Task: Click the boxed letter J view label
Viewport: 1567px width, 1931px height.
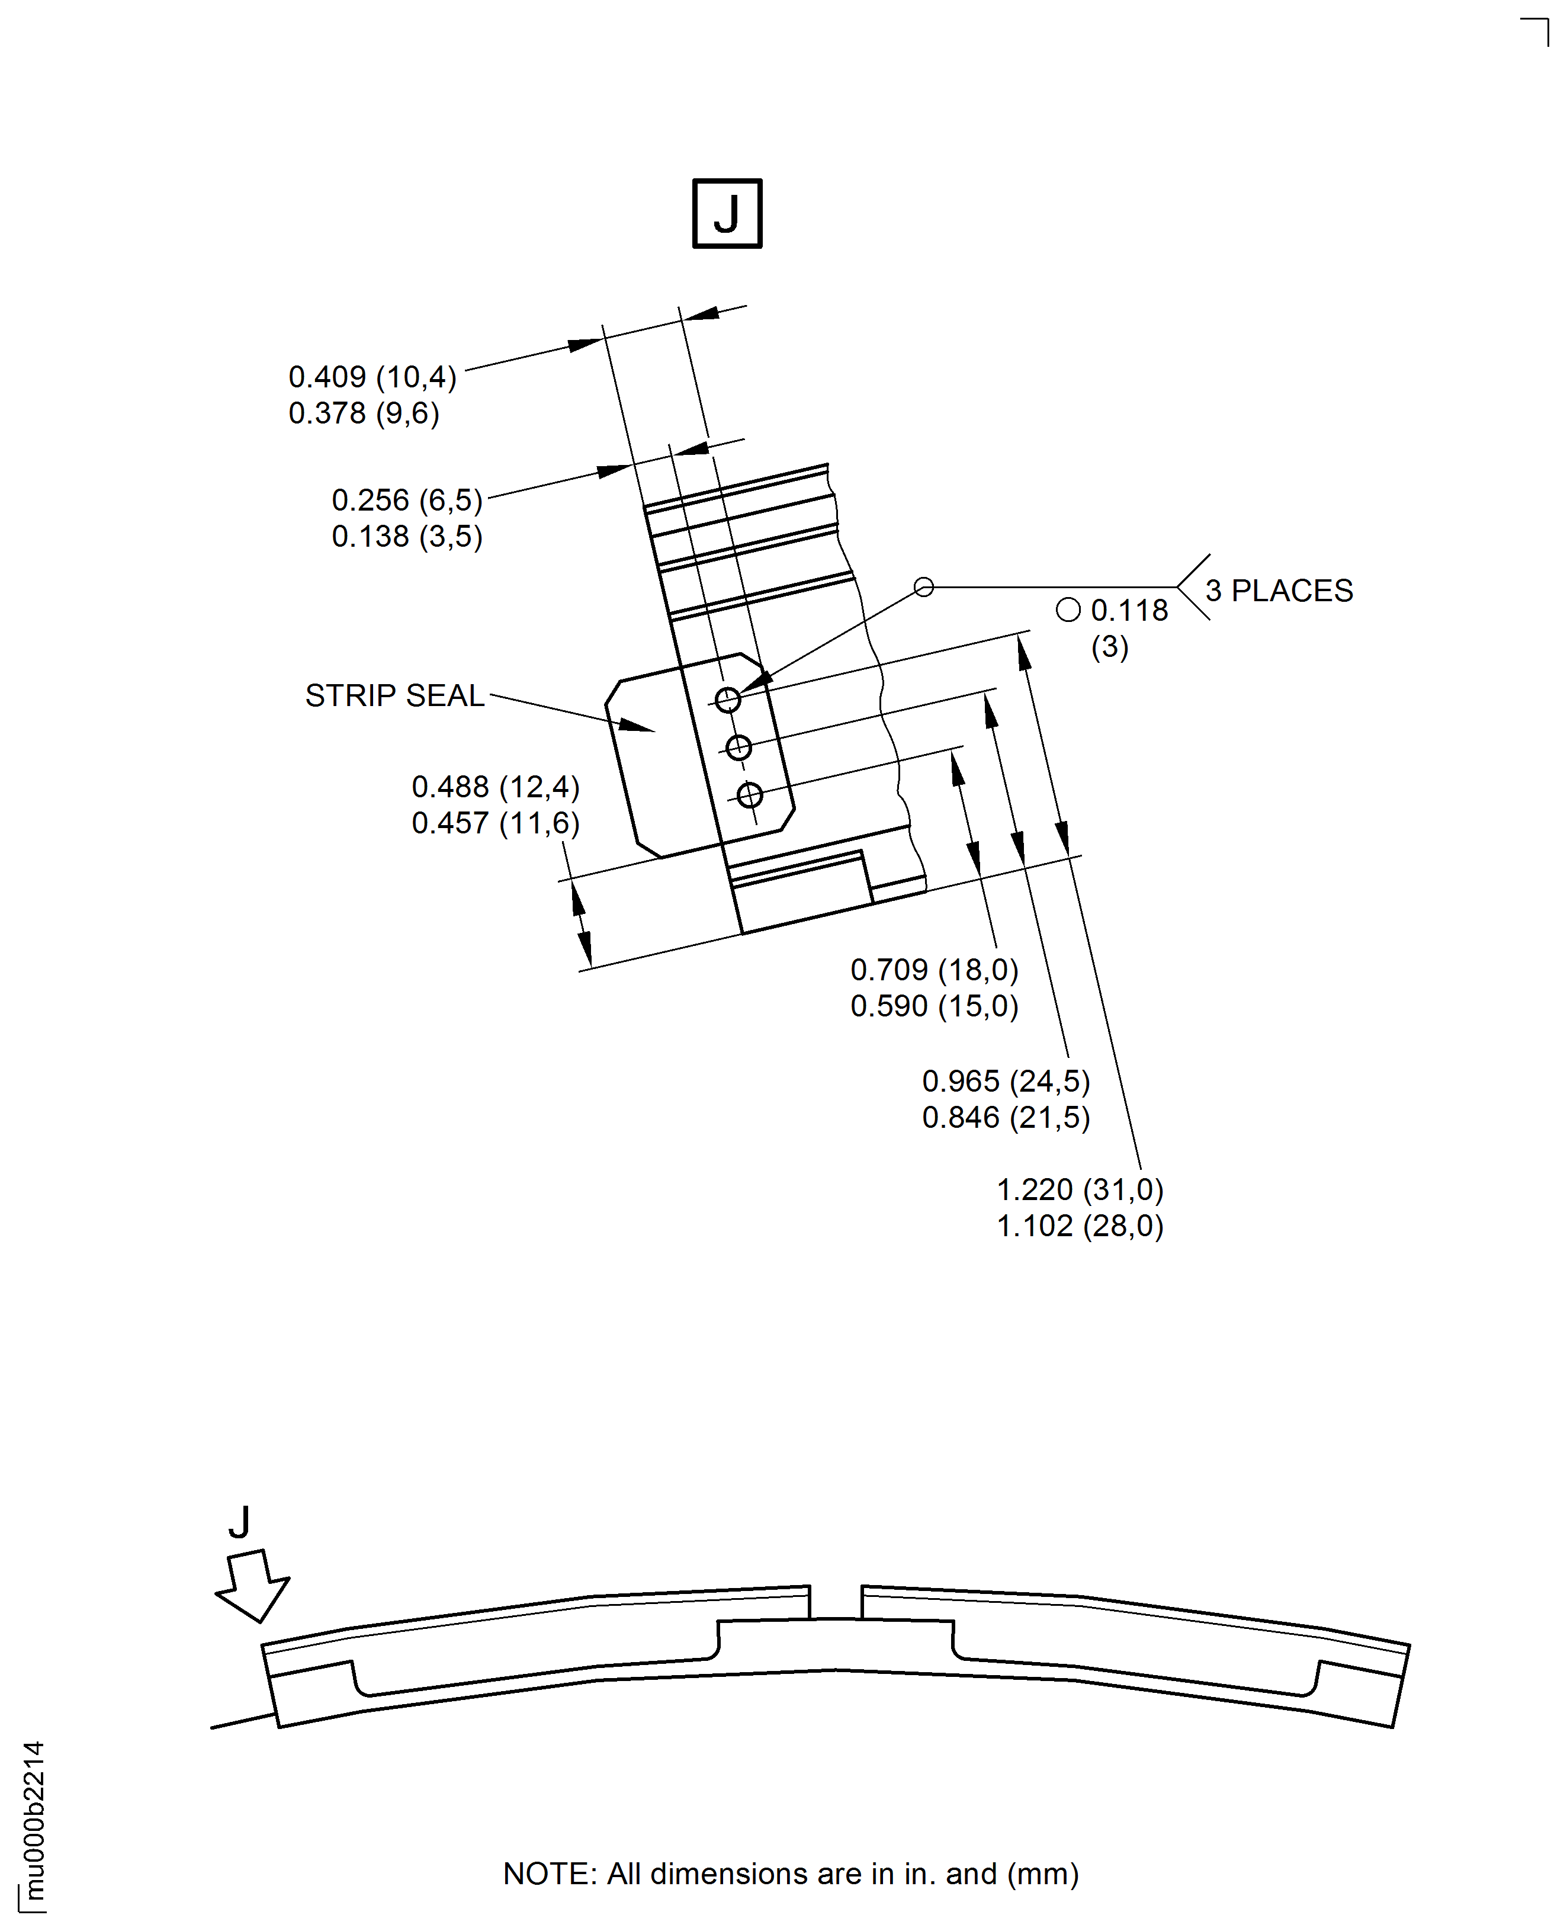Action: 727,214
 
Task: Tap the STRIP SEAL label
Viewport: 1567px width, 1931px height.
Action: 394,696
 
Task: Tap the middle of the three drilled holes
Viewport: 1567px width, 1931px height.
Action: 738,748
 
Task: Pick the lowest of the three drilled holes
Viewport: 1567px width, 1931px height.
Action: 749,796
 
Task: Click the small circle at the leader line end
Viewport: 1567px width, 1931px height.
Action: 923,588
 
